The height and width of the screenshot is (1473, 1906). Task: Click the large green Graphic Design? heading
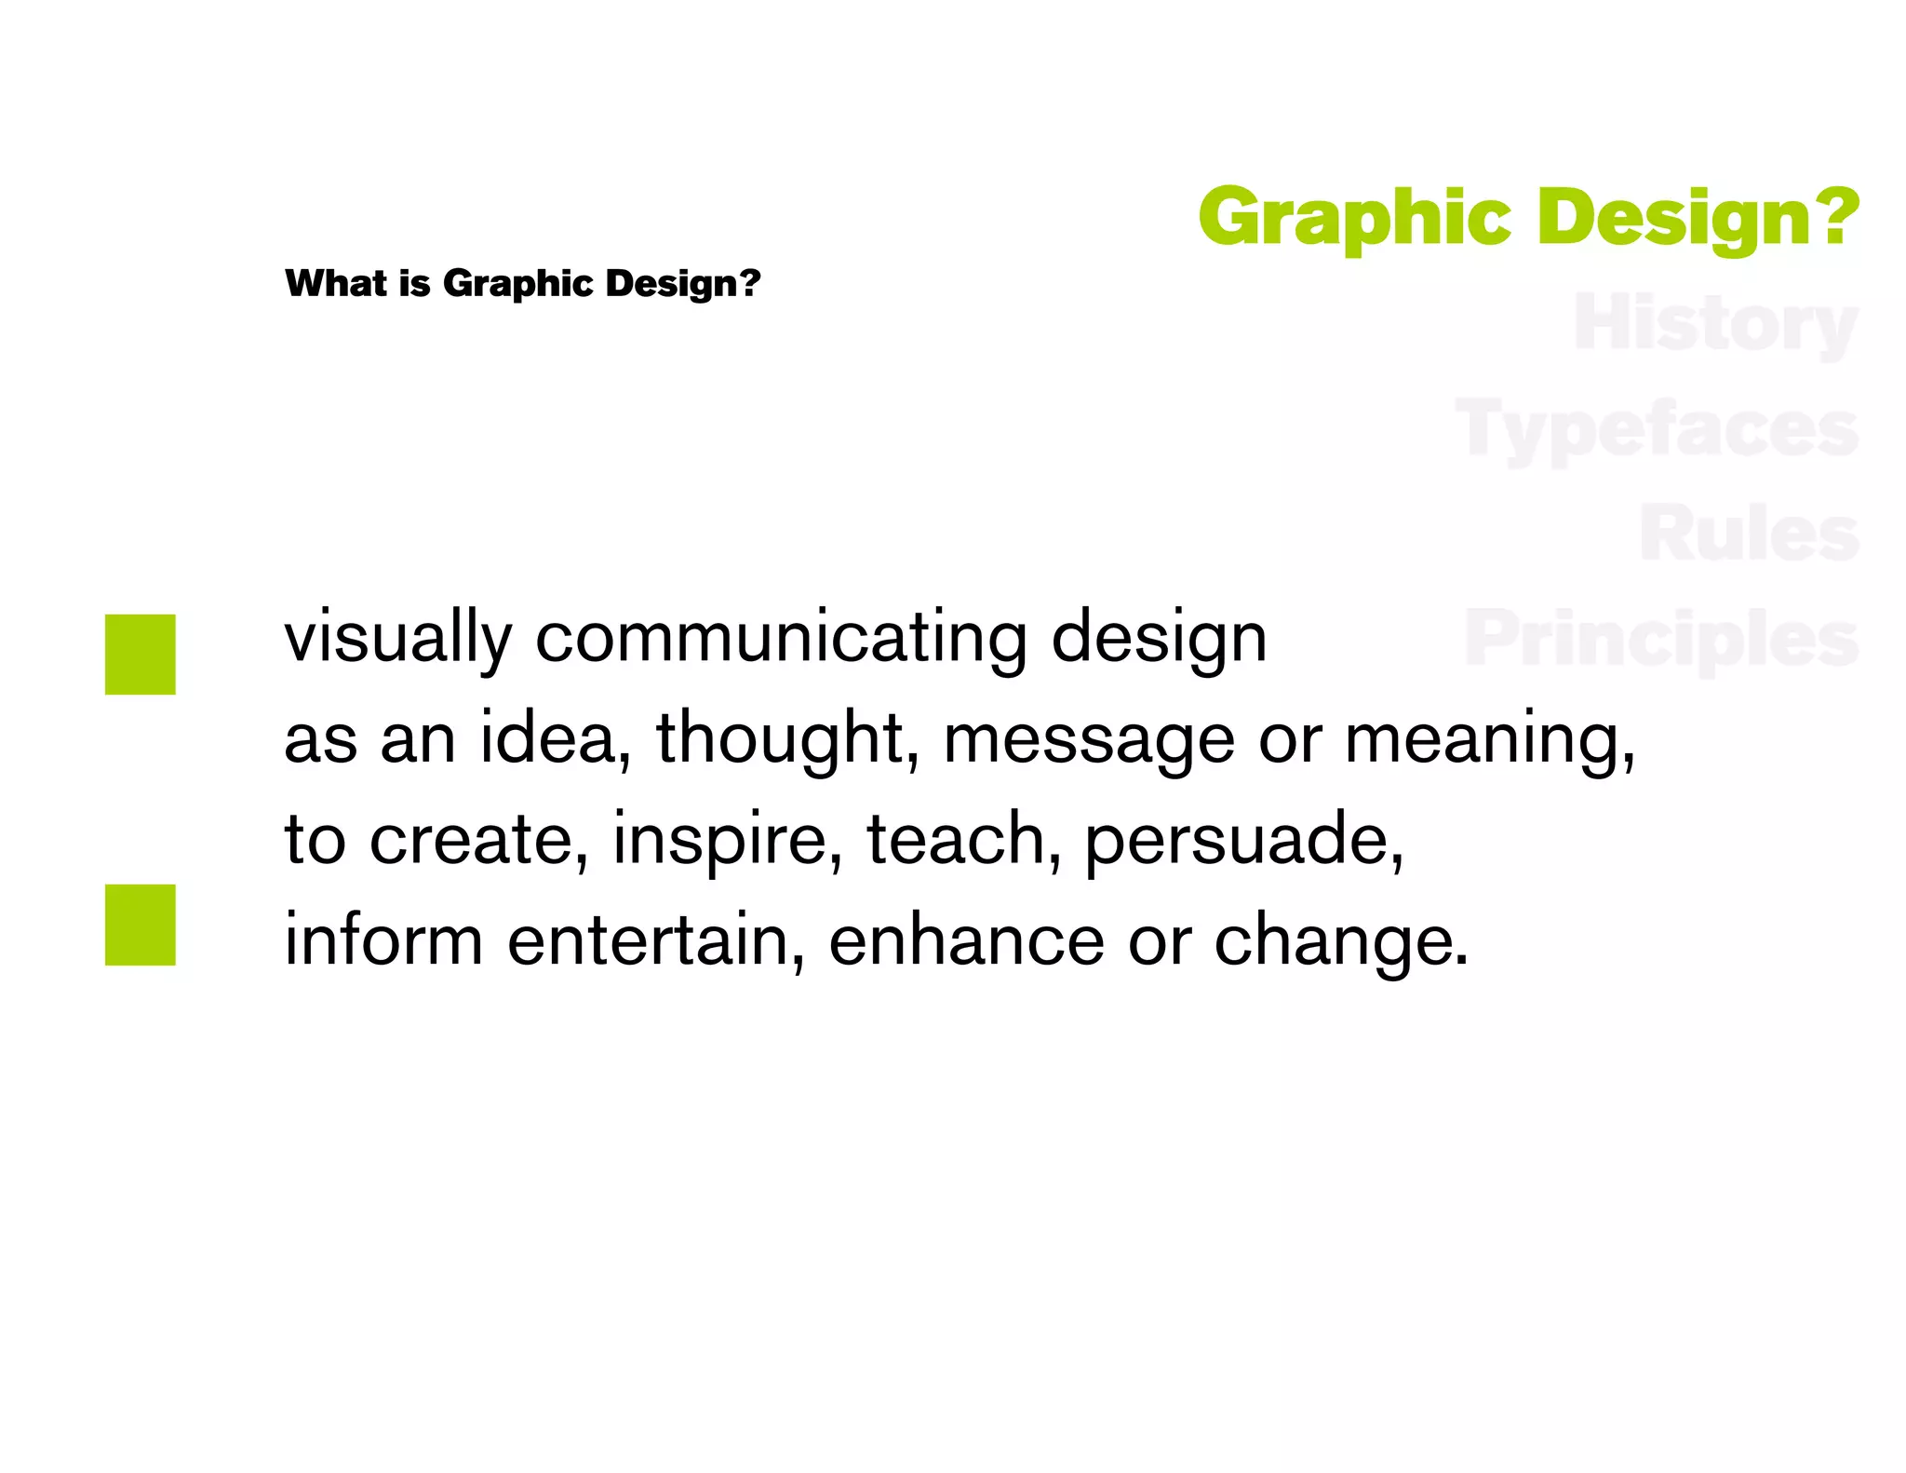[x=1527, y=217]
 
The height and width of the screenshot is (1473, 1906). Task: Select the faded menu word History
[x=1715, y=324]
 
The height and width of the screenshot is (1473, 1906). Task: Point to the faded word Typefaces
[x=1657, y=429]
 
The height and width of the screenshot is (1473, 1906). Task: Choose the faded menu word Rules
[x=1749, y=534]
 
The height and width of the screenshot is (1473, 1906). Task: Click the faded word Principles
[x=1661, y=640]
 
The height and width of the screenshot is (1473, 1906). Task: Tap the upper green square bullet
[x=141, y=654]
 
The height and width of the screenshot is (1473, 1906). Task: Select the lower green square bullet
[x=141, y=925]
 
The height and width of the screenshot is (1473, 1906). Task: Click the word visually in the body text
[x=397, y=640]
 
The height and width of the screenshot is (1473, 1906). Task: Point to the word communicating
[x=781, y=640]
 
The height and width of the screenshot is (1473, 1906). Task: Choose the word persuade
[x=1243, y=841]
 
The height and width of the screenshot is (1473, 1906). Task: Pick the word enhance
[x=966, y=940]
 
